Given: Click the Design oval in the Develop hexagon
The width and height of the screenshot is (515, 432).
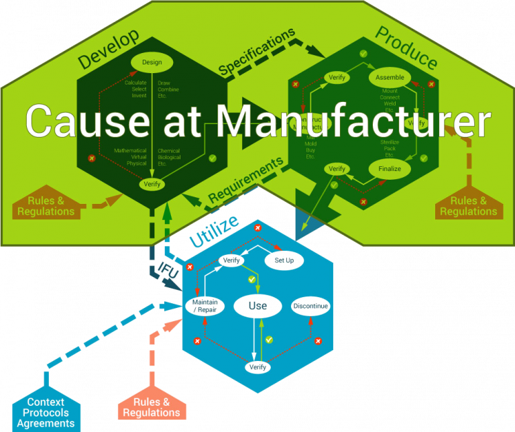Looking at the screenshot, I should (152, 62).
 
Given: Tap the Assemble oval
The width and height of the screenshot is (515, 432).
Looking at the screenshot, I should (390, 77).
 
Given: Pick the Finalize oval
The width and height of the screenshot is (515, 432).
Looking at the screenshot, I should (389, 169).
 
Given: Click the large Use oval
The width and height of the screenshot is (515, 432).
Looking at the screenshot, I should (258, 306).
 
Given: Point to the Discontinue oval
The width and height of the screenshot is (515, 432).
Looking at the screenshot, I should (310, 306).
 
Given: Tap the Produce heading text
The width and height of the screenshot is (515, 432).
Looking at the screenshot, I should (406, 47).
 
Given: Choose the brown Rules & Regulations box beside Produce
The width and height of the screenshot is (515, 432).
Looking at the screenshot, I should (469, 206).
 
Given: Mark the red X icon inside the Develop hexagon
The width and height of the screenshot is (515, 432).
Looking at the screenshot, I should (92, 158).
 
